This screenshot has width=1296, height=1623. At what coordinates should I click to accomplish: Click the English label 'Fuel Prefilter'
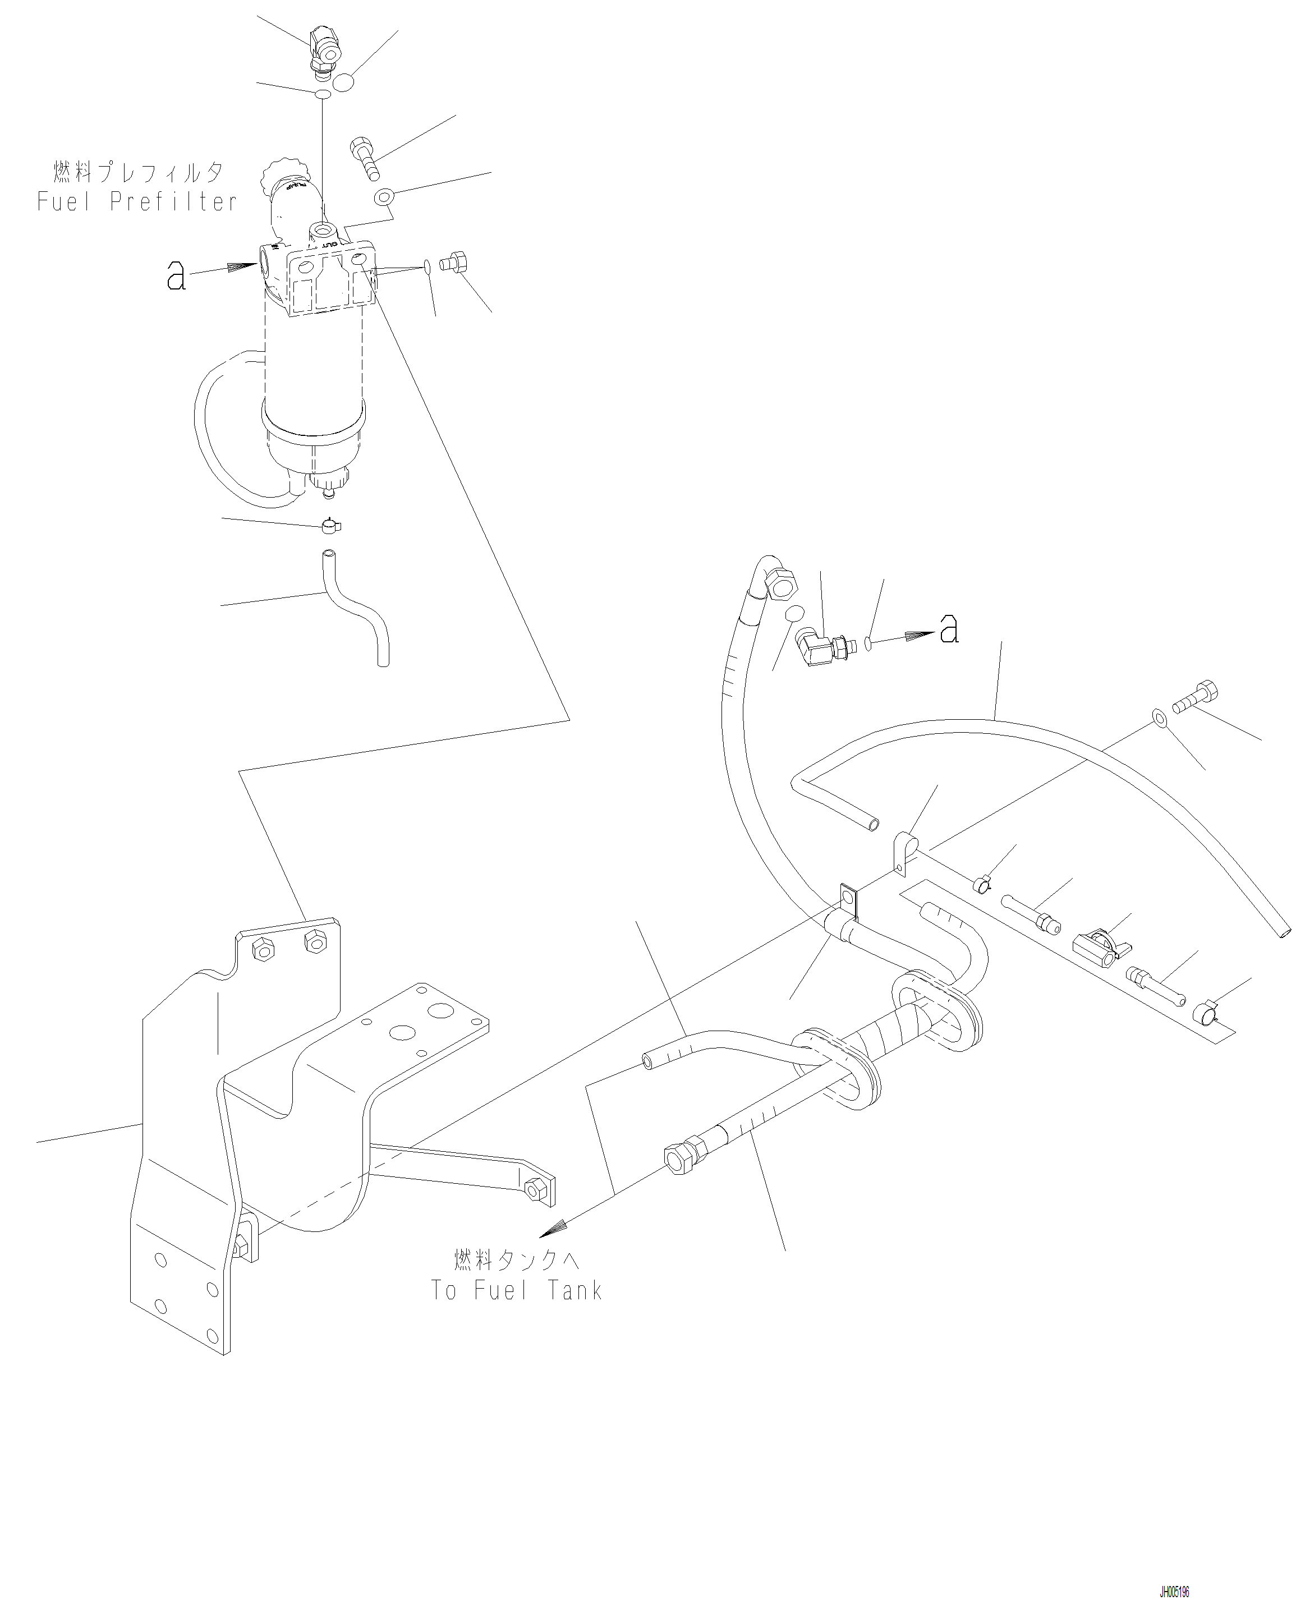pyautogui.click(x=137, y=202)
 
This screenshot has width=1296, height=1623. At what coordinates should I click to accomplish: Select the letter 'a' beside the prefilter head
pyautogui.click(x=176, y=276)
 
